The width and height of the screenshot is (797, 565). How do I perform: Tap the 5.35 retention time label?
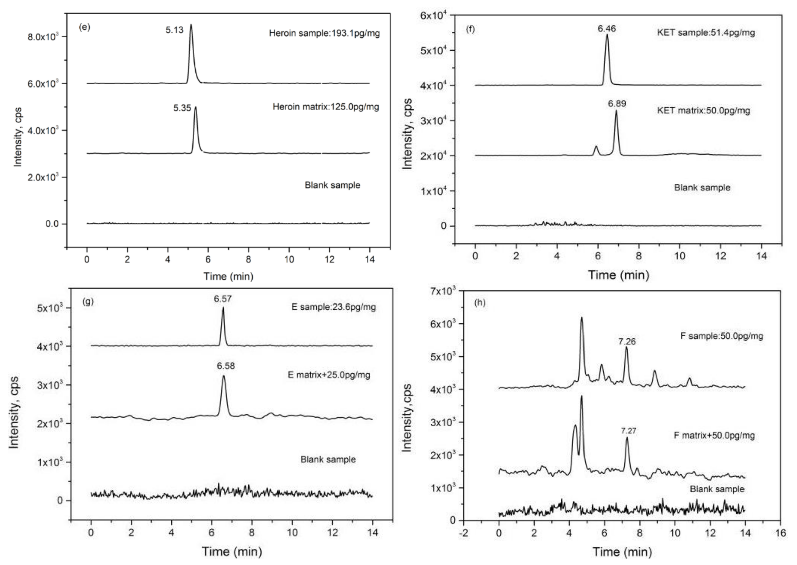pos(182,108)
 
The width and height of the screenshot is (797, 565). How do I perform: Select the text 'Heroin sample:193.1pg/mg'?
pos(324,33)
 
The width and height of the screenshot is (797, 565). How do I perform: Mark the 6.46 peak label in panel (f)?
pos(607,28)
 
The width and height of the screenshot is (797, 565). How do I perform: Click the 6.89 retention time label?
pos(617,104)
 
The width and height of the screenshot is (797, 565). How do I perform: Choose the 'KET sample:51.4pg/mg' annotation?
pos(706,33)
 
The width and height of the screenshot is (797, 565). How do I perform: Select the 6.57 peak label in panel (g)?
pos(223,299)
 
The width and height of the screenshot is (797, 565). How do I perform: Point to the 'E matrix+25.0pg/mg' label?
pos(329,375)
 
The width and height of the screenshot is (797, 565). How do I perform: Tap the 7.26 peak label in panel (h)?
pos(627,342)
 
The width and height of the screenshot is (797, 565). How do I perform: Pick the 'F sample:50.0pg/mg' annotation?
pos(722,336)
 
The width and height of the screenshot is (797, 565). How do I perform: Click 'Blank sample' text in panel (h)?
pos(717,489)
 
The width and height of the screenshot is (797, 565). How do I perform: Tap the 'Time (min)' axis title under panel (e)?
pos(228,277)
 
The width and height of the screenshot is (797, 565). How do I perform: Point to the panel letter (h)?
pos(480,303)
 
